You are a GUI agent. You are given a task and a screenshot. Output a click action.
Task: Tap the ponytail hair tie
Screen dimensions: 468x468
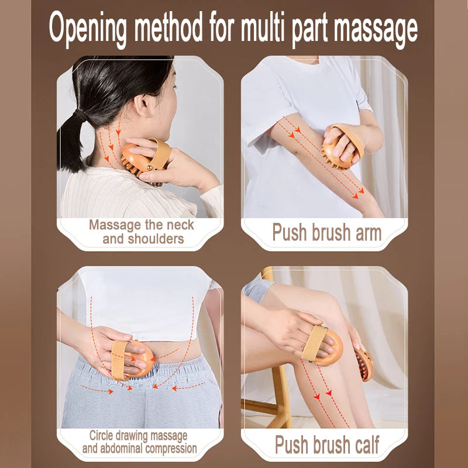pos(82,116)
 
